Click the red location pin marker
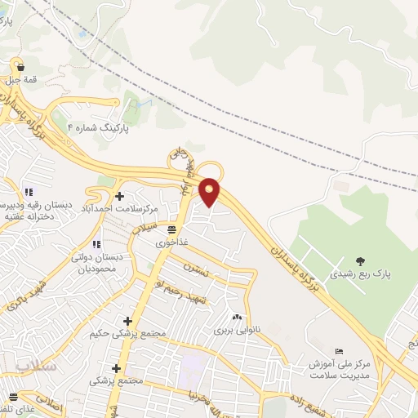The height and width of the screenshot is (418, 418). tap(210, 190)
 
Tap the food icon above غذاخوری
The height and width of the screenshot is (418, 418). tap(172, 230)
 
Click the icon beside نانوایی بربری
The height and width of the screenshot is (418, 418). tap(237, 318)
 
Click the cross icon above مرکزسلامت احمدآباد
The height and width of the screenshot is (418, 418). tap(119, 196)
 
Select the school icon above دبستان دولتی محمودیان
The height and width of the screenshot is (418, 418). tap(96, 244)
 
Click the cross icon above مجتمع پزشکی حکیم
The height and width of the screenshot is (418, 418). tap(127, 321)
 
